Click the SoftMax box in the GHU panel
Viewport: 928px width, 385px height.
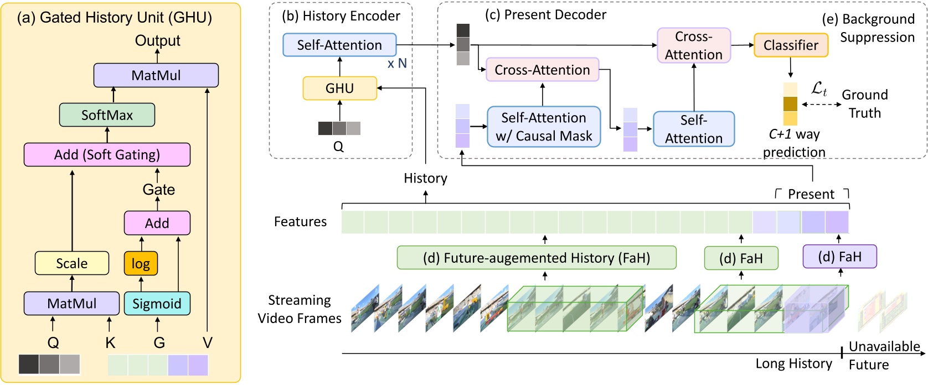click(x=107, y=115)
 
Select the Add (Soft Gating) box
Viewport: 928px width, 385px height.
click(x=107, y=154)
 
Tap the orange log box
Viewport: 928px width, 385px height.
click(x=141, y=264)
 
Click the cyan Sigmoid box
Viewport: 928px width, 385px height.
click(x=157, y=304)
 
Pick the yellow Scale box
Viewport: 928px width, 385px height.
click(x=71, y=263)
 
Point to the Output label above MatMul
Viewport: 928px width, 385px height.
click(x=158, y=41)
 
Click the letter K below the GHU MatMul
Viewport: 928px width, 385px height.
click(x=110, y=343)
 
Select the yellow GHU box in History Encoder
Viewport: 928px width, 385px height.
click(x=339, y=89)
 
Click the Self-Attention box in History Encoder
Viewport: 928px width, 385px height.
click(x=339, y=45)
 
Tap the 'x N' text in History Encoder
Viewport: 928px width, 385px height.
click(x=397, y=64)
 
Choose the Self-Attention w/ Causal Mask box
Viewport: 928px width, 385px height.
click(x=544, y=127)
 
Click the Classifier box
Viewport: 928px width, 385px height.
click(x=791, y=45)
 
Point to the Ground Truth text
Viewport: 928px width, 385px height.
click(x=865, y=104)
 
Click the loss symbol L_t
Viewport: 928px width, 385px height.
click(x=819, y=89)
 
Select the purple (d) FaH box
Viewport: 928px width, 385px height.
click(x=839, y=257)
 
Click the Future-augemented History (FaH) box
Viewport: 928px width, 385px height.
click(x=536, y=258)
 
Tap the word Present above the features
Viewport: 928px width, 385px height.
click(x=811, y=194)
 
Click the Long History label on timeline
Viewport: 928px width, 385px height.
click(x=793, y=363)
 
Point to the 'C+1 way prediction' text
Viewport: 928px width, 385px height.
click(x=794, y=143)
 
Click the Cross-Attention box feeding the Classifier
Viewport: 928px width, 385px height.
click(x=693, y=45)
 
